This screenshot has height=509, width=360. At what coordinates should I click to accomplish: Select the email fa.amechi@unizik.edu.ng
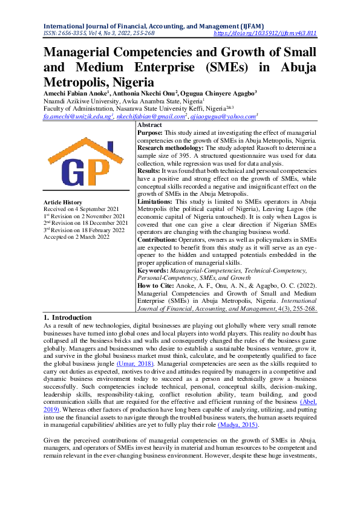(x=78, y=116)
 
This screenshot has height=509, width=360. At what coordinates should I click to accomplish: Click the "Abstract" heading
(x=150, y=124)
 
